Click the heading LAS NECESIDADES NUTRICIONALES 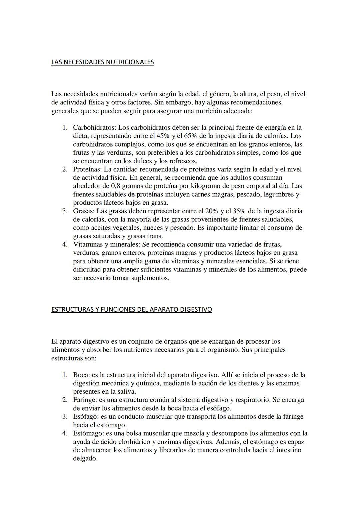tap(103, 62)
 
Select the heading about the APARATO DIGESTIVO tap(132, 309)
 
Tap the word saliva tap(126, 392)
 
